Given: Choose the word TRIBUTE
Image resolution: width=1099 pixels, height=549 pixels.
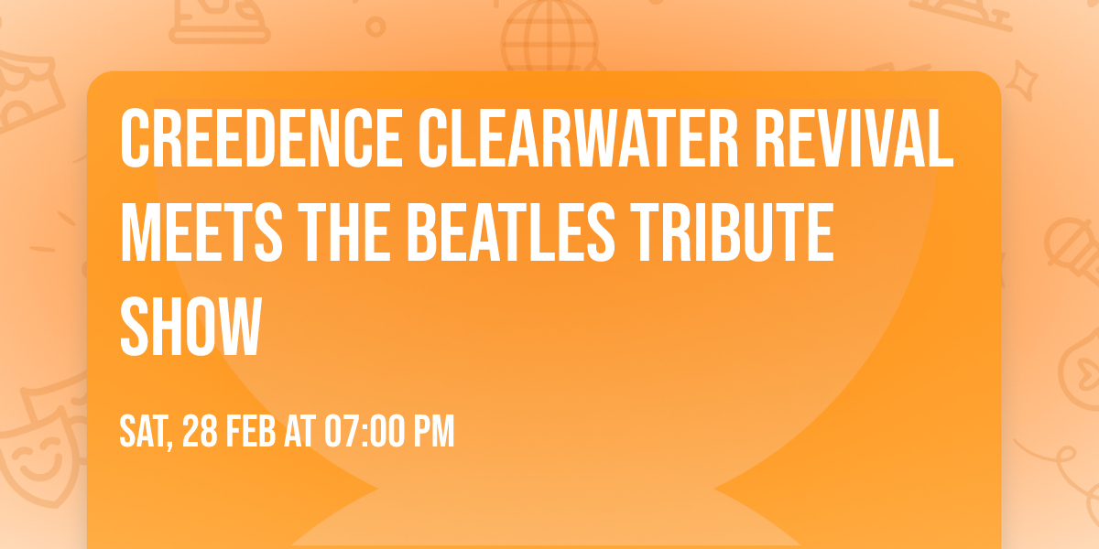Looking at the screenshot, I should click(x=730, y=234).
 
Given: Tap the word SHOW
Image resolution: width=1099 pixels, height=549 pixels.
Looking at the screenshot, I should click(x=191, y=328).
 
